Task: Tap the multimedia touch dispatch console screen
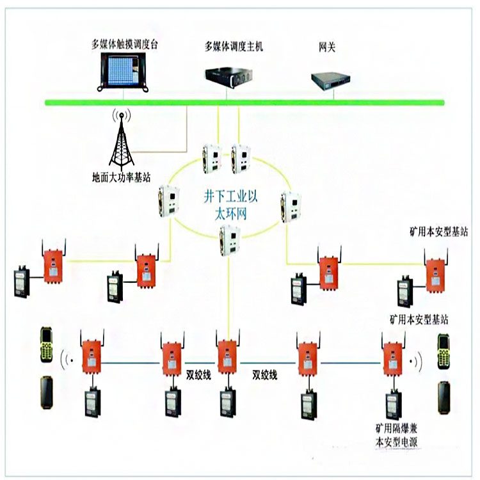[x=128, y=72]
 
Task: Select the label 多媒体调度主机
[x=234, y=46]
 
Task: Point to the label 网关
[x=326, y=47]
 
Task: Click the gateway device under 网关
[x=331, y=79]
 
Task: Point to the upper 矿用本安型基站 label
[x=438, y=232]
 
